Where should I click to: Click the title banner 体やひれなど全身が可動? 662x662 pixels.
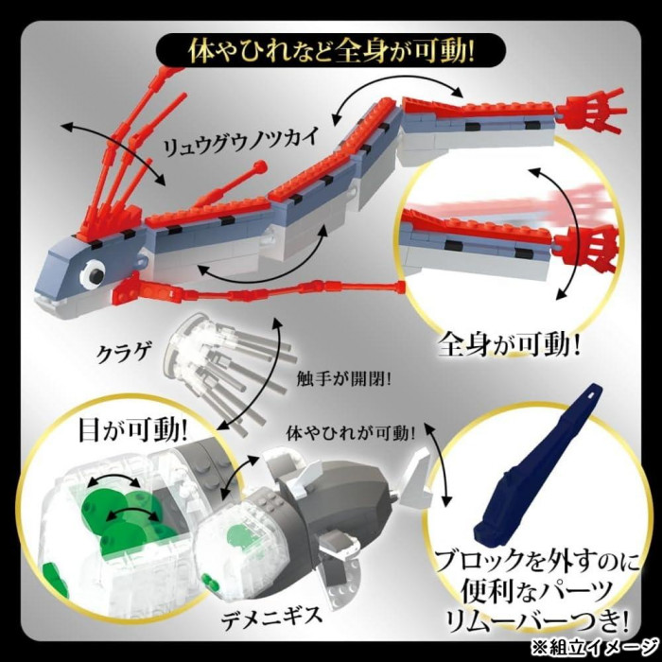(331, 51)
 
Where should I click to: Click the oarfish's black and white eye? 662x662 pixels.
(94, 275)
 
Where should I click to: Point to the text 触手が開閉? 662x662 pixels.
(344, 378)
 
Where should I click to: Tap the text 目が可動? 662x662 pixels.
(133, 430)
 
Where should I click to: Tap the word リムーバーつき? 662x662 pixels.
(531, 621)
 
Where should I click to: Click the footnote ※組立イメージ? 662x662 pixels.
(594, 646)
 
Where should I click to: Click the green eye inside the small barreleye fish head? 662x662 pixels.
(239, 536)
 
